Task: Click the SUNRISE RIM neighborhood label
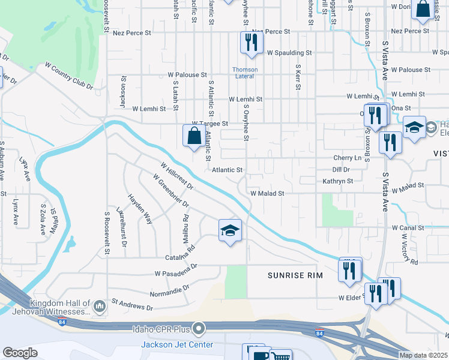[295, 275]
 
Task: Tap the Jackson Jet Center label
[177, 344]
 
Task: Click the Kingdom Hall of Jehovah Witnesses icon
[100, 307]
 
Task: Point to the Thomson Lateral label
[246, 73]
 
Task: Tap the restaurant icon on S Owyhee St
[250, 42]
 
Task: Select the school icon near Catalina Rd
[230, 230]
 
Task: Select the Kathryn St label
[337, 180]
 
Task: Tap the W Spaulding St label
[290, 53]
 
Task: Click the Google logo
[20, 353]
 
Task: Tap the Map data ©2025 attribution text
[423, 355]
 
